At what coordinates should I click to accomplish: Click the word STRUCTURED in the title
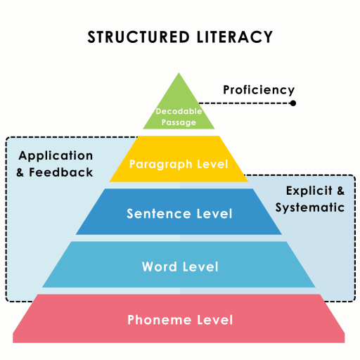click(139, 37)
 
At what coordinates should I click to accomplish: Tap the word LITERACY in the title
click(235, 37)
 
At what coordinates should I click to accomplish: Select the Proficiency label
click(259, 90)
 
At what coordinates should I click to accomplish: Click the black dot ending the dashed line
click(292, 103)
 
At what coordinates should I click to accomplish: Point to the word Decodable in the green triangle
click(179, 111)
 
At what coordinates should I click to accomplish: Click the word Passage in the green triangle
click(179, 122)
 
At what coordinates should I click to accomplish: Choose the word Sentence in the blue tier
click(159, 214)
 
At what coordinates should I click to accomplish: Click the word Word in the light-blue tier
click(160, 266)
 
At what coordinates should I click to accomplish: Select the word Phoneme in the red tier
click(159, 320)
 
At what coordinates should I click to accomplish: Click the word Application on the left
click(56, 156)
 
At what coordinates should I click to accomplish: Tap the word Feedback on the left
click(61, 172)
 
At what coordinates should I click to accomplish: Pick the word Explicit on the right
click(309, 191)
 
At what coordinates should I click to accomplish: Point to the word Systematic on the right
click(310, 207)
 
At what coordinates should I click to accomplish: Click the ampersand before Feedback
click(20, 172)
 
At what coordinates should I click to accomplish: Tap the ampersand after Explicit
click(341, 191)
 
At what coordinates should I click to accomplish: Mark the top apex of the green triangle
click(179, 72)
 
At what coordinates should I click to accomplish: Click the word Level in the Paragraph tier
click(212, 164)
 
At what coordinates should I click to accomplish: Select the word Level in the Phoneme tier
click(215, 320)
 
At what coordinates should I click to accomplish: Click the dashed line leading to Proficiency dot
click(245, 103)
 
